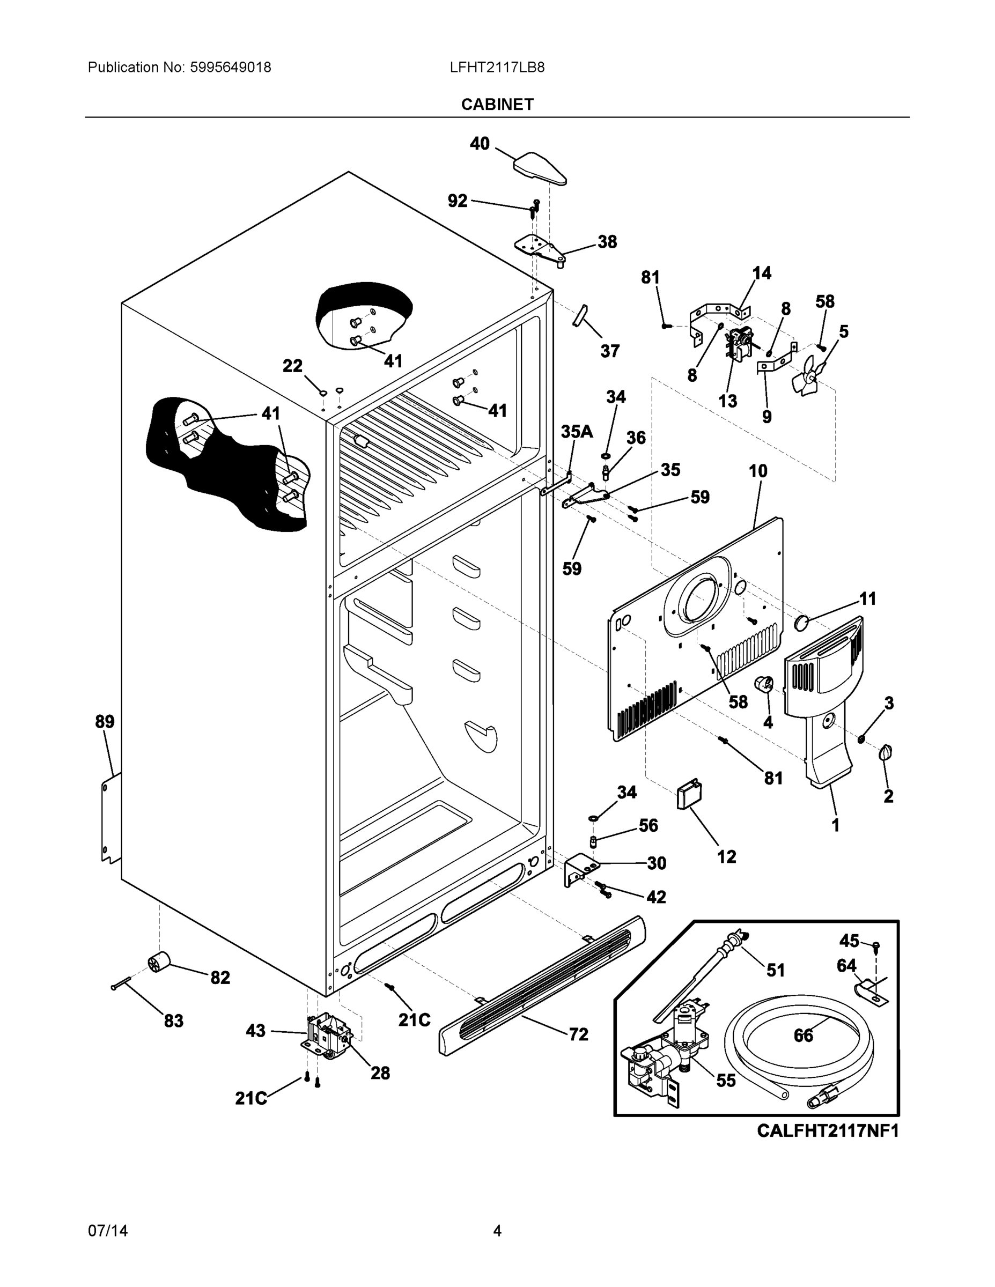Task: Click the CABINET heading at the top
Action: pos(497,105)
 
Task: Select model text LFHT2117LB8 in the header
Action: pos(497,68)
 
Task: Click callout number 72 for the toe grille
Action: pos(578,1034)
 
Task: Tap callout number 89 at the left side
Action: pos(105,722)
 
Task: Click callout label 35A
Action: pos(576,432)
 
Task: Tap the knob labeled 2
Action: pos(886,752)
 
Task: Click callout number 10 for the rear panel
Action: pos(758,471)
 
